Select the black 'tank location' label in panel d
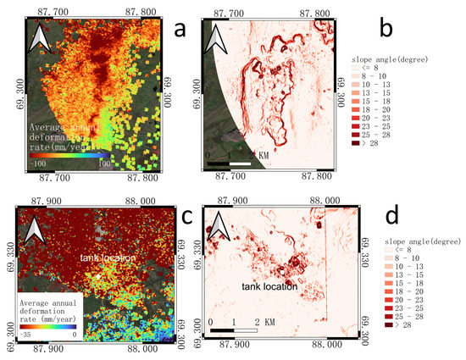(265, 286)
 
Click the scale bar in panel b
(230, 159)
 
